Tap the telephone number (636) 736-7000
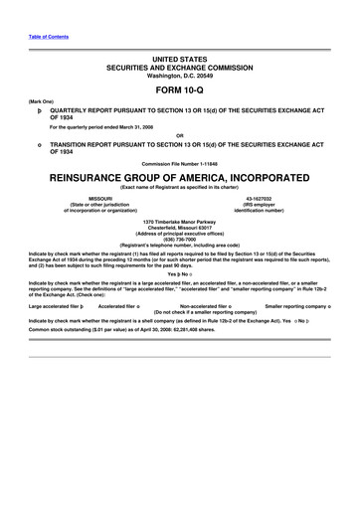179,239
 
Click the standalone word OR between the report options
179,135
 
